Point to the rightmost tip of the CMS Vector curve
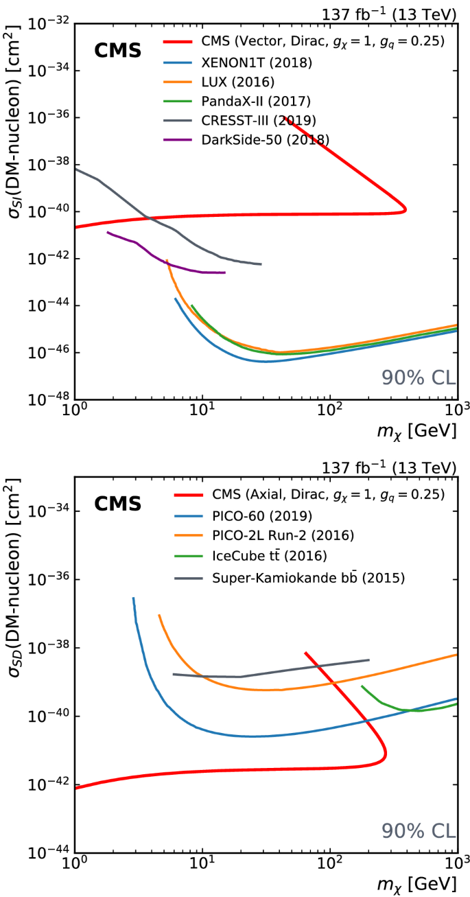pyautogui.click(x=406, y=208)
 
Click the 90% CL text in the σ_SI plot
pyautogui.click(x=419, y=377)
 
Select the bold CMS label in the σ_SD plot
pyautogui.click(x=117, y=504)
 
